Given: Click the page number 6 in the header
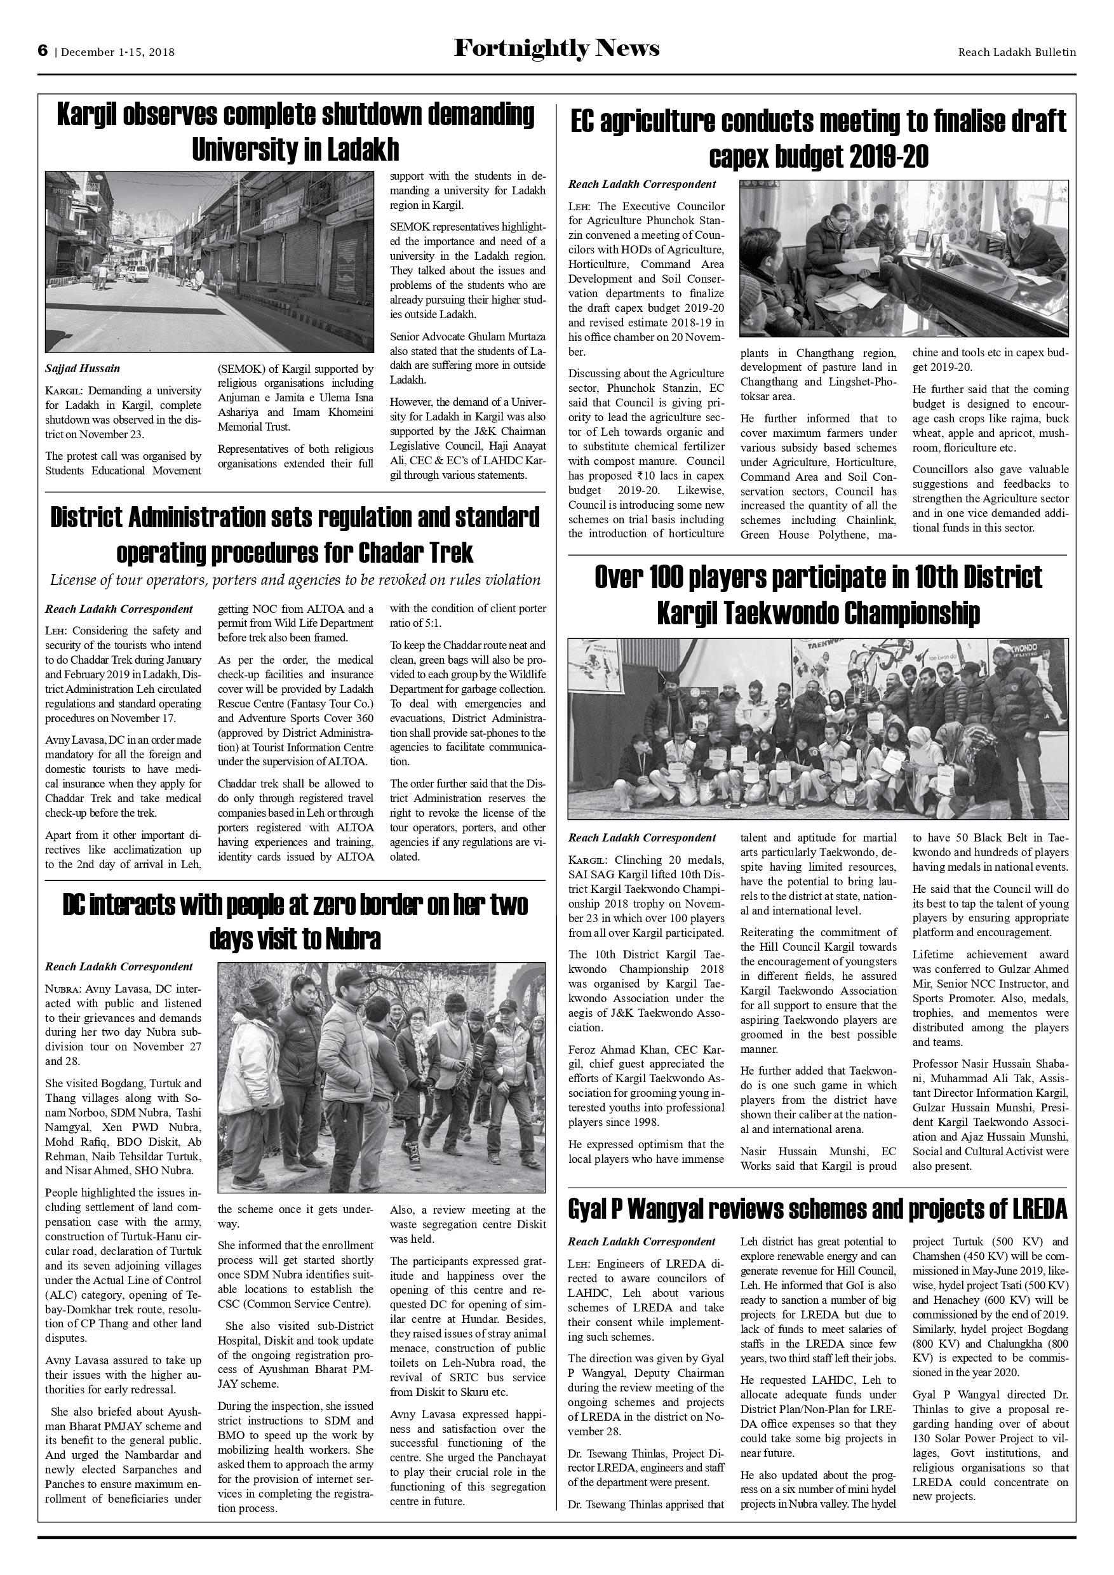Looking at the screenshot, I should click(43, 51).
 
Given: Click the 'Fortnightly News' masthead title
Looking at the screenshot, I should click(556, 49).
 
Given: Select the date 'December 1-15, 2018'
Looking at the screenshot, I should click(118, 52).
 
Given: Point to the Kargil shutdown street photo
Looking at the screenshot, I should click(209, 262).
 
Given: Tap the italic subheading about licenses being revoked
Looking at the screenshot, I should click(295, 580).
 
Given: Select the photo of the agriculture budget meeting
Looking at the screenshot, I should click(903, 258).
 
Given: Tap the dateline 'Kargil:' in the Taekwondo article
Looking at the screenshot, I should click(589, 860).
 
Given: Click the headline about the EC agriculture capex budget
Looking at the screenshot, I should click(817, 139).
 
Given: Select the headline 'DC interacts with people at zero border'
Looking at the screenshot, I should click(295, 921).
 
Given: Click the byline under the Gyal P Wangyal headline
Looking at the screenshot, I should click(641, 1242).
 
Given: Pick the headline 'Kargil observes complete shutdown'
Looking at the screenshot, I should click(295, 131).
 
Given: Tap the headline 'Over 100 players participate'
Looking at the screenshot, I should click(817, 594).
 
